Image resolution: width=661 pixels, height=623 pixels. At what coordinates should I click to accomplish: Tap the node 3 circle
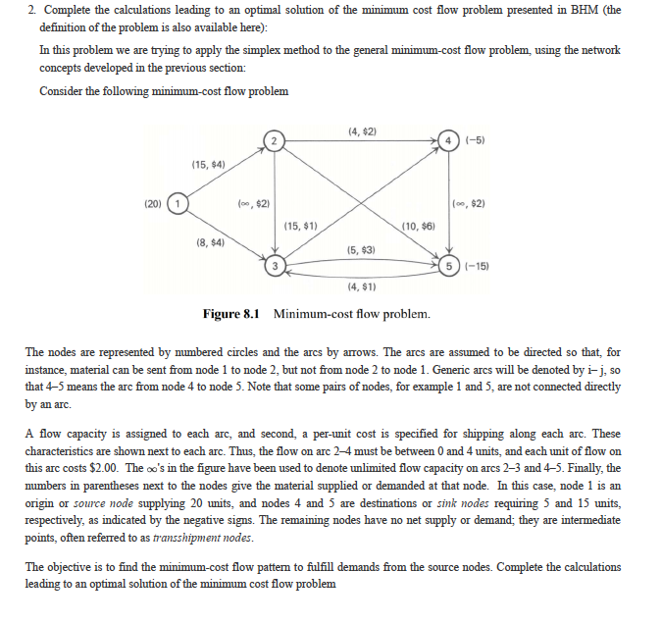tap(277, 265)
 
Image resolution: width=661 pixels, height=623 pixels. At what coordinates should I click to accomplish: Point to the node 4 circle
tap(450, 141)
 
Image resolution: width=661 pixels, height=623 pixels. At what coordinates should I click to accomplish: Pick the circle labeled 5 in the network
tap(450, 266)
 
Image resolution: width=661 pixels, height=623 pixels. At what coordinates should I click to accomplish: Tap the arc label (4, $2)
tap(363, 131)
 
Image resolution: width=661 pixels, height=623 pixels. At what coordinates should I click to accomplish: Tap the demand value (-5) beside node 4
tap(475, 141)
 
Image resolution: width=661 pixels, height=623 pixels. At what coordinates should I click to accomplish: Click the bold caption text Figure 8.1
tap(232, 314)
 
